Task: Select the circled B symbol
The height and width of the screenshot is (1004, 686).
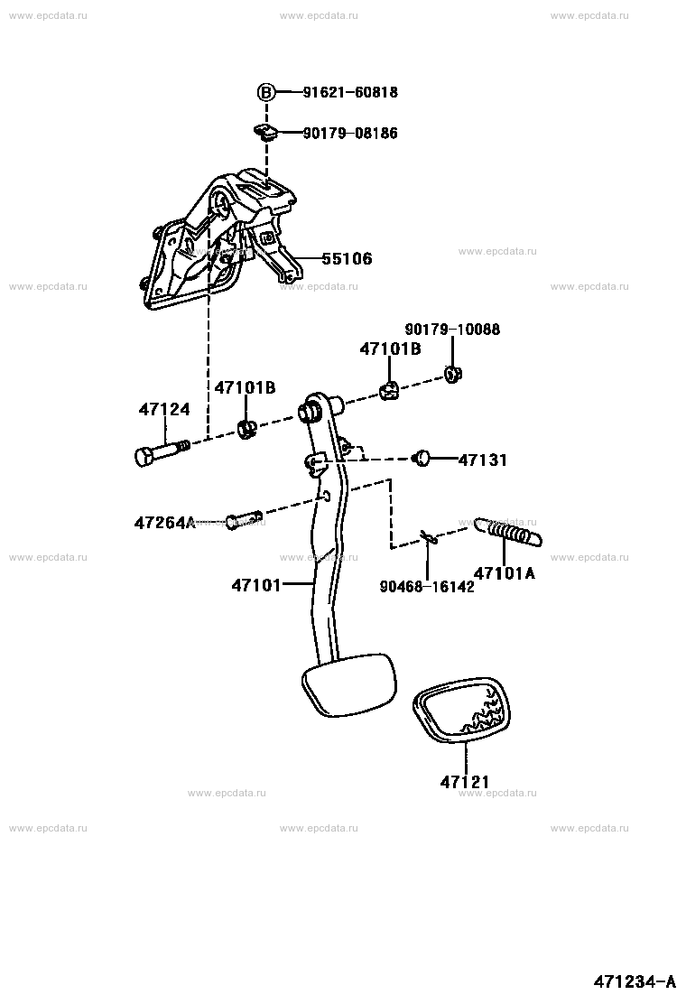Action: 266,92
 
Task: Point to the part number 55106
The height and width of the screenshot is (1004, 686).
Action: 347,259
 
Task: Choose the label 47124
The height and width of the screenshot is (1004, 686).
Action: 164,409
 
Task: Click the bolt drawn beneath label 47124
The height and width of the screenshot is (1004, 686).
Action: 161,451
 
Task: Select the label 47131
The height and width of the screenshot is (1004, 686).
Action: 482,460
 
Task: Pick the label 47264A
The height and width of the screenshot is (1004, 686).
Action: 164,522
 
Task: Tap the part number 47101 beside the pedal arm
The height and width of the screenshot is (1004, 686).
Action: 257,585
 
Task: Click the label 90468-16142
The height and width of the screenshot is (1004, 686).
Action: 426,586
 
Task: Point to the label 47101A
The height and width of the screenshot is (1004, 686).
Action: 504,572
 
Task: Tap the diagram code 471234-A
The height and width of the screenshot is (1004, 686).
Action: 635,981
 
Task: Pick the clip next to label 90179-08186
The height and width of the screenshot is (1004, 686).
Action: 265,133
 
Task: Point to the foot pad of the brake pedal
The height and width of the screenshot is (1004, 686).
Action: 347,685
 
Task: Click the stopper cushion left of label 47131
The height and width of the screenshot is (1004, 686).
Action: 422,459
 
